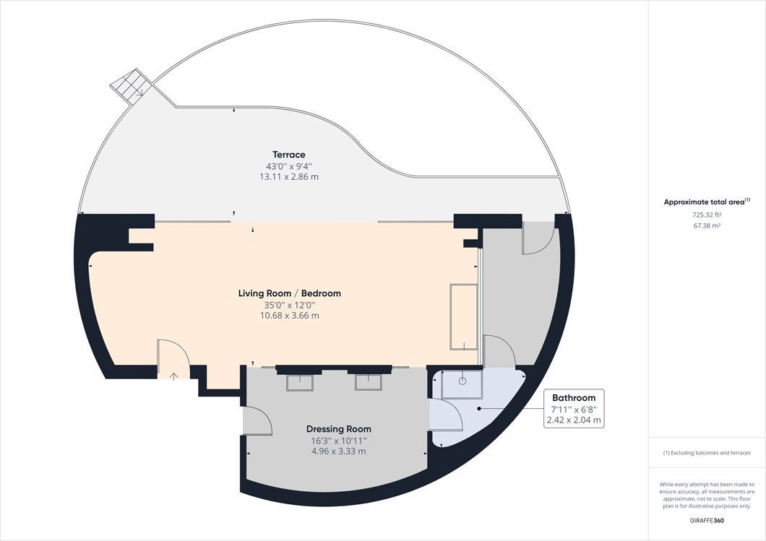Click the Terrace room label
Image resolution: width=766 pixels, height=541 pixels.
click(288, 155)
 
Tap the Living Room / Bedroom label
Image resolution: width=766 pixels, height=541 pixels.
click(289, 293)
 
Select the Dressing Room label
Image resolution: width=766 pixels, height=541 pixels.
click(338, 429)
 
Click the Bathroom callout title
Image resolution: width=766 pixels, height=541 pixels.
click(574, 398)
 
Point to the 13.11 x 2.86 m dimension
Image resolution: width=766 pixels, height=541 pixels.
click(288, 176)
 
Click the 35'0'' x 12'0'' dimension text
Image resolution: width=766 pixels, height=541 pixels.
click(289, 305)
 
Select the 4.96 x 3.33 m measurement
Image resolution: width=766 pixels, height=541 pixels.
click(338, 451)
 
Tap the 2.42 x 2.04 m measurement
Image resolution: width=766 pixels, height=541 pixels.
click(574, 420)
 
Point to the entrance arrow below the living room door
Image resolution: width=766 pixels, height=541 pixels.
click(173, 375)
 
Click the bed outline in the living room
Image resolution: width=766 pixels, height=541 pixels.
click(463, 317)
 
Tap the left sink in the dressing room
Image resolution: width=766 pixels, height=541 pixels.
click(300, 383)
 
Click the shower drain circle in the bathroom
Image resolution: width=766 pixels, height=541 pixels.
click(462, 380)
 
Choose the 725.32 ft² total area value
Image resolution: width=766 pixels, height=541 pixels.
click(707, 215)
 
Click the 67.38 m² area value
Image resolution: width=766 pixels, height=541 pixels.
click(707, 225)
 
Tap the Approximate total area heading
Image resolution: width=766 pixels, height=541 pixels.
click(706, 202)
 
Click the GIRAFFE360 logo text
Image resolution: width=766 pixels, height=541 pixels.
click(707, 520)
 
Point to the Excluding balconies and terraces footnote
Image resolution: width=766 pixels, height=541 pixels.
click(707, 453)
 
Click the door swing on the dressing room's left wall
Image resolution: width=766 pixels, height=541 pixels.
click(257, 420)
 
